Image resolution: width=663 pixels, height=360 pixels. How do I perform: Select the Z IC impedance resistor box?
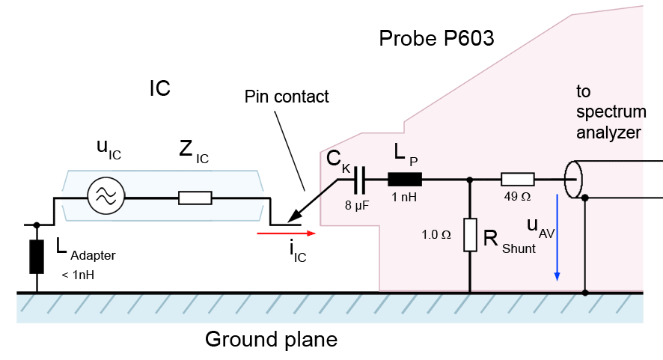(195, 198)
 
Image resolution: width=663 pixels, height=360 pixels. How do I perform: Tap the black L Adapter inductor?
(36, 257)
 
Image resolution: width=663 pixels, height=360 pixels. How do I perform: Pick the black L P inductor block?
(405, 180)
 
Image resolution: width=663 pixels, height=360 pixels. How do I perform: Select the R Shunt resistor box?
(469, 235)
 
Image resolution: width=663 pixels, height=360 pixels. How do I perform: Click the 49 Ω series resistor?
(517, 180)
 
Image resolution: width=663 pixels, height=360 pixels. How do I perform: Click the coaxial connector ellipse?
(573, 180)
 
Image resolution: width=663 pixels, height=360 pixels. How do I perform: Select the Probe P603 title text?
(436, 39)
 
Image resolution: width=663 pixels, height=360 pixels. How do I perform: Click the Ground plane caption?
(272, 340)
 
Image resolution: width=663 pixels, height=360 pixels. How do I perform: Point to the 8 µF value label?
(357, 204)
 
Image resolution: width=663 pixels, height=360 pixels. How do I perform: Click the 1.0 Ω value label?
(437, 234)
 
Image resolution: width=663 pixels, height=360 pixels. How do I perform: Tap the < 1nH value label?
(79, 275)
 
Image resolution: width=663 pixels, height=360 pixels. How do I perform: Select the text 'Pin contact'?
(287, 97)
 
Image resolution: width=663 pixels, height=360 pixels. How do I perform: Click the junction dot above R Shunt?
(469, 180)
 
